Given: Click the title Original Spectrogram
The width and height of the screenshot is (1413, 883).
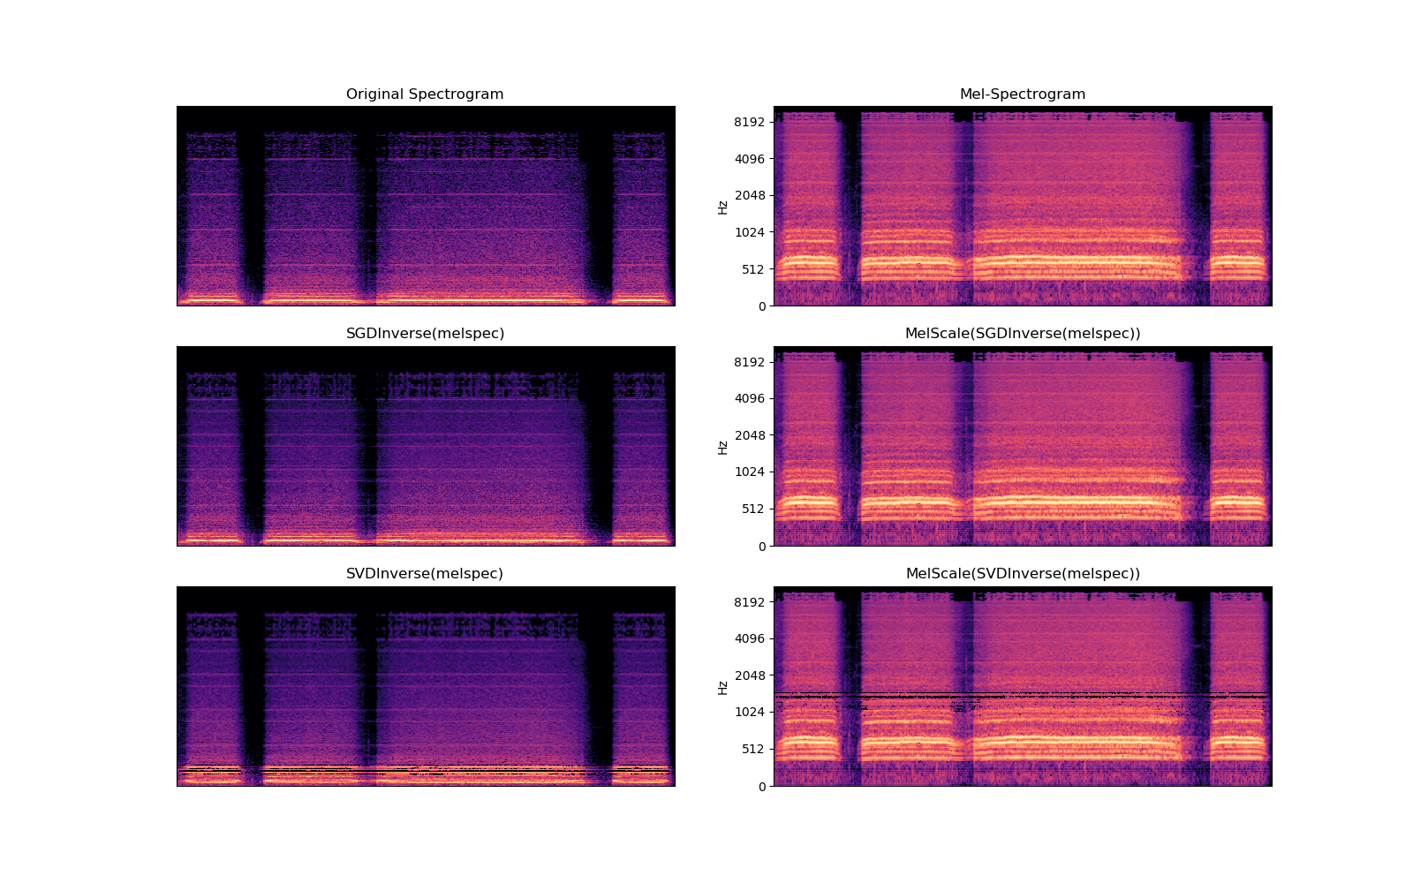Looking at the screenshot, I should click(x=425, y=94).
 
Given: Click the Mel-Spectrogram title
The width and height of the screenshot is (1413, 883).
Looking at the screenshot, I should click(x=1023, y=94).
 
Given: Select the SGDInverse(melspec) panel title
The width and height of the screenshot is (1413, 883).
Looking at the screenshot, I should click(x=425, y=334).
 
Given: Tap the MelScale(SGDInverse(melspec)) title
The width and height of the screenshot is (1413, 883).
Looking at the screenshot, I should click(x=1023, y=334).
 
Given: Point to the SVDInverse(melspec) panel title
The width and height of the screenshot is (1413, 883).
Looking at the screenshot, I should click(x=425, y=574).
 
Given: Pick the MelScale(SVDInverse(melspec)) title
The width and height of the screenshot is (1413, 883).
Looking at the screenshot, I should click(x=1023, y=574).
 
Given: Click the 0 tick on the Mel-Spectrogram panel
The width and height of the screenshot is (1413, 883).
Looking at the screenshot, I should click(x=762, y=306).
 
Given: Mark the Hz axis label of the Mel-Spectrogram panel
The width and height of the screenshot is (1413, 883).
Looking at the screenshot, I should click(x=722, y=207).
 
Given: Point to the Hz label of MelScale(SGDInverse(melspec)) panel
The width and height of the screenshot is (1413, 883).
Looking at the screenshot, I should click(x=722, y=447).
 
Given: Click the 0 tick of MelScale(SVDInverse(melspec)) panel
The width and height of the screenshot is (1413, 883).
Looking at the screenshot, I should click(x=762, y=787).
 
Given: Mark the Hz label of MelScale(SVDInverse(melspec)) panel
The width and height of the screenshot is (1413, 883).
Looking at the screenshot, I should click(x=722, y=687).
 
